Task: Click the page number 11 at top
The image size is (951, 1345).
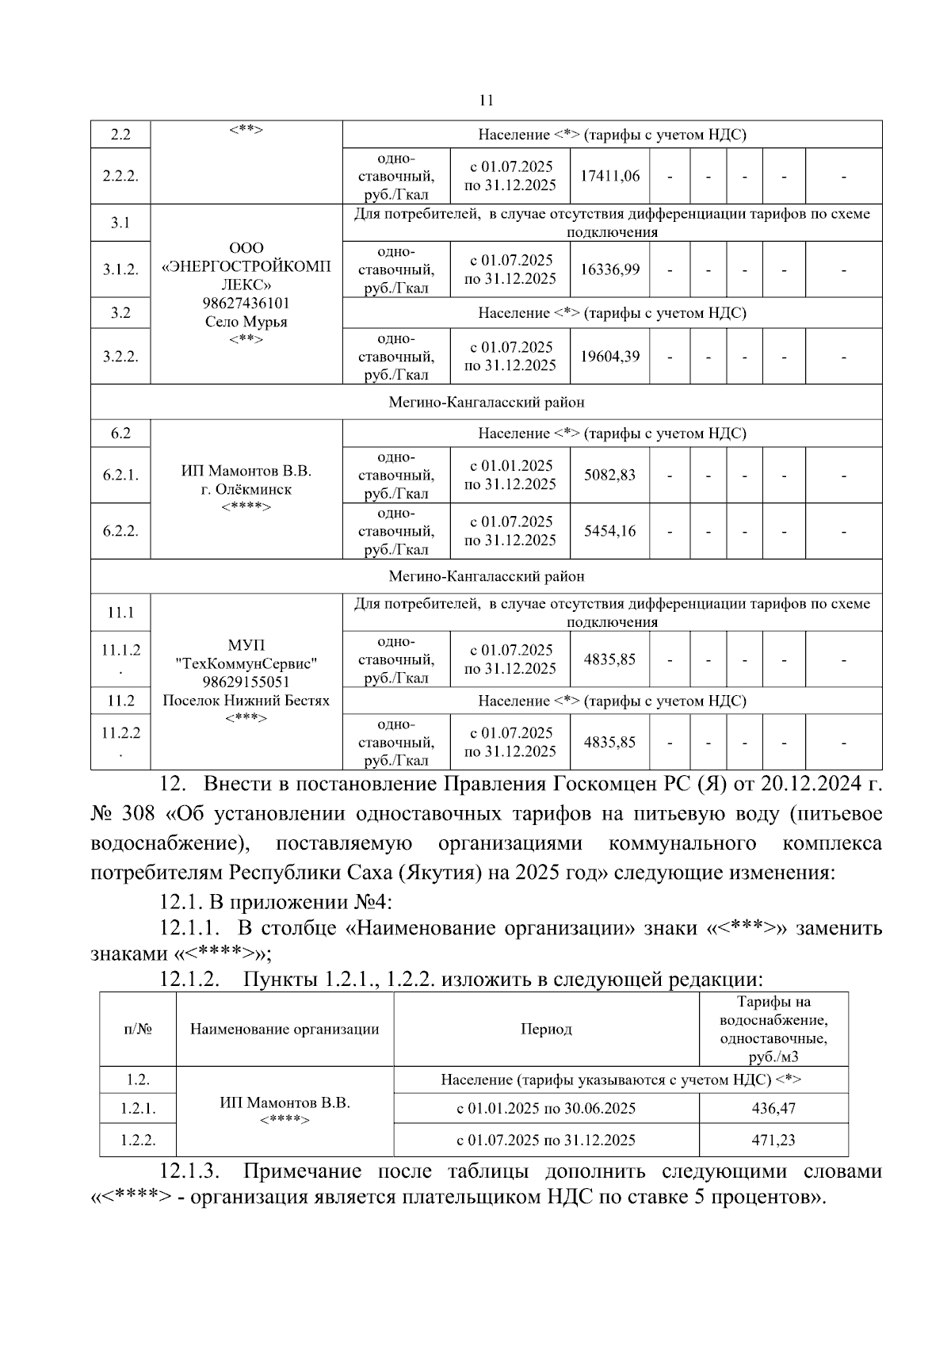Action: coord(487,101)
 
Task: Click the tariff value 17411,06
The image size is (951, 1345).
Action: coord(609,176)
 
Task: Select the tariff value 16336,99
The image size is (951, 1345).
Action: coord(609,269)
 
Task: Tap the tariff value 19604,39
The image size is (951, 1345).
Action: coord(609,356)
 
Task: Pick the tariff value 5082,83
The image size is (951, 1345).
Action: coord(609,475)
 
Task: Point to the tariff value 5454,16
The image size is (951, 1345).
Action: coord(609,531)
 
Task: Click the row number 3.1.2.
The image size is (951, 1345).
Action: coord(120,269)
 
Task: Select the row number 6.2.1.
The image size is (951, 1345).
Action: coord(120,475)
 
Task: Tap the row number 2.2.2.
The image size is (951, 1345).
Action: coord(120,176)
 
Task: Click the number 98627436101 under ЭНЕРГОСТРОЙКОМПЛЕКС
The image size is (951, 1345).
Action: coord(246,304)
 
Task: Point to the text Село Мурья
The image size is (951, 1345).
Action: coord(246,322)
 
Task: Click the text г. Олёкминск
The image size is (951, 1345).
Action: coord(246,490)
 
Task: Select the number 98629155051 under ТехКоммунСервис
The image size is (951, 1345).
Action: coord(246,682)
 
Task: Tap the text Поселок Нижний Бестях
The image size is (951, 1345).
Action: coord(246,701)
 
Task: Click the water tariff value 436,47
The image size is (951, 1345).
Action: coord(773,1108)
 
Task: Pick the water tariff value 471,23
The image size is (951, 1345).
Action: coord(773,1140)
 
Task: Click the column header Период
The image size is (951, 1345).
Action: coord(546,1030)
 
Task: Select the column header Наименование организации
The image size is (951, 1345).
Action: coord(285,1030)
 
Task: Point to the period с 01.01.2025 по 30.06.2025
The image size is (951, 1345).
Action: coord(546,1108)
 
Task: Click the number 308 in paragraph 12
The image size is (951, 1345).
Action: coord(140,814)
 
